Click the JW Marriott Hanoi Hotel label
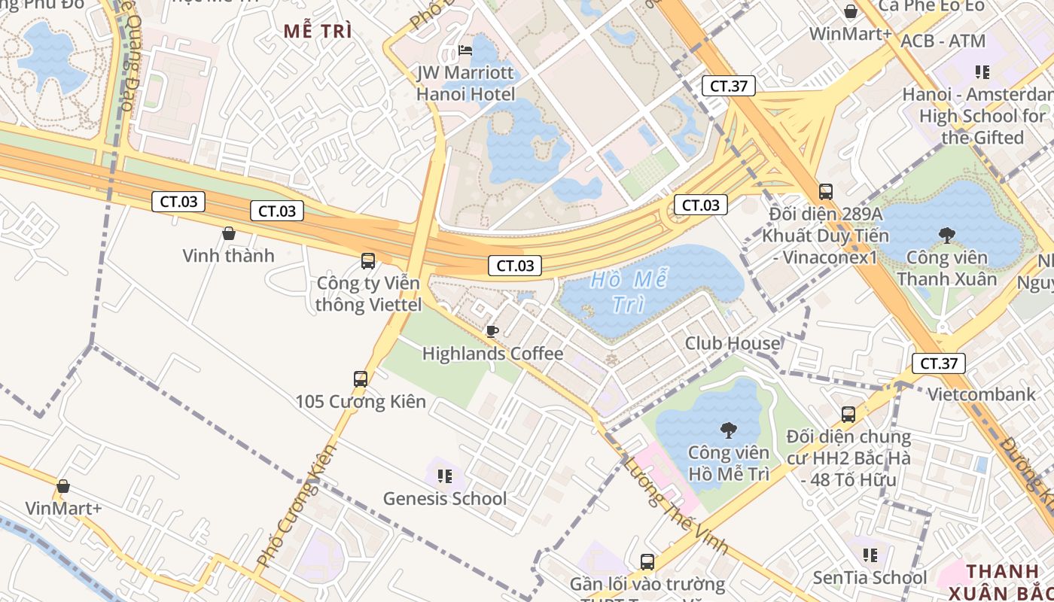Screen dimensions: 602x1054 click(466, 84)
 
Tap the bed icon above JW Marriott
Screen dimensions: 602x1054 click(466, 50)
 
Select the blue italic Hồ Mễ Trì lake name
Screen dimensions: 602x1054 click(629, 292)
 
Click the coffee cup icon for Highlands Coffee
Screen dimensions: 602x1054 click(492, 331)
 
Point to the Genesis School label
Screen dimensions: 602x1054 click(445, 498)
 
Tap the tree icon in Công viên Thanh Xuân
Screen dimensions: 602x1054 click(946, 236)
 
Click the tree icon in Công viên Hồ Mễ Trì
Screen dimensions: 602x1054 click(728, 430)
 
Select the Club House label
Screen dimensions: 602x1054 click(732, 343)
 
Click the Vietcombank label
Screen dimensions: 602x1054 click(981, 394)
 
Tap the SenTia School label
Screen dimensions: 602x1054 click(870, 578)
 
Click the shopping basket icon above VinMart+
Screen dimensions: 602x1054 click(63, 486)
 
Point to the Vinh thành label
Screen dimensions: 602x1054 click(228, 256)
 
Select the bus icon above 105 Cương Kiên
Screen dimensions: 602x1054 click(361, 379)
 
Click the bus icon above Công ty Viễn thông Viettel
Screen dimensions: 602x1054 click(368, 261)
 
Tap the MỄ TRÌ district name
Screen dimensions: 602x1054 click(318, 32)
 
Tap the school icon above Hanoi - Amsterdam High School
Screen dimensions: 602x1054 click(982, 72)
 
